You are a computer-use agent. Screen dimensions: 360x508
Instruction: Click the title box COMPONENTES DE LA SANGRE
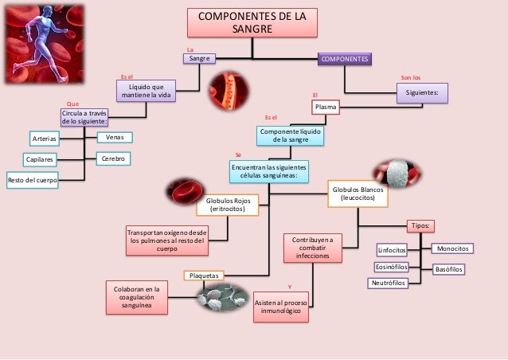(245, 22)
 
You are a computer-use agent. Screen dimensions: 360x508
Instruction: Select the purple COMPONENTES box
(345, 59)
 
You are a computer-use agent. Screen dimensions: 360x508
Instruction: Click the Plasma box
(325, 106)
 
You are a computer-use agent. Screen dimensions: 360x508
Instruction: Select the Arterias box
(45, 139)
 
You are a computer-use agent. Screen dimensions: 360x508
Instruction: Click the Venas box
(114, 137)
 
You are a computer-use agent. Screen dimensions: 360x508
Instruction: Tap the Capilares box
(40, 160)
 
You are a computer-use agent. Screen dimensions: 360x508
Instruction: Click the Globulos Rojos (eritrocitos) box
(229, 205)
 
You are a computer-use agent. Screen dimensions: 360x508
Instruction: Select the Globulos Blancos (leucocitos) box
(356, 195)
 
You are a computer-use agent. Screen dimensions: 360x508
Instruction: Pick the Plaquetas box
(205, 276)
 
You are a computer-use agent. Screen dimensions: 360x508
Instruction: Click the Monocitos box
(452, 248)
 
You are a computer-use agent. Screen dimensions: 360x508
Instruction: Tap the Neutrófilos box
(388, 283)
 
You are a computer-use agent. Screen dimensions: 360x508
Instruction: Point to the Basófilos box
(449, 270)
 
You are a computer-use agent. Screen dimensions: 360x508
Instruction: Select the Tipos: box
(420, 225)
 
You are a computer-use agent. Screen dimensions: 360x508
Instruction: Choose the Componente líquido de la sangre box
(291, 135)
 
